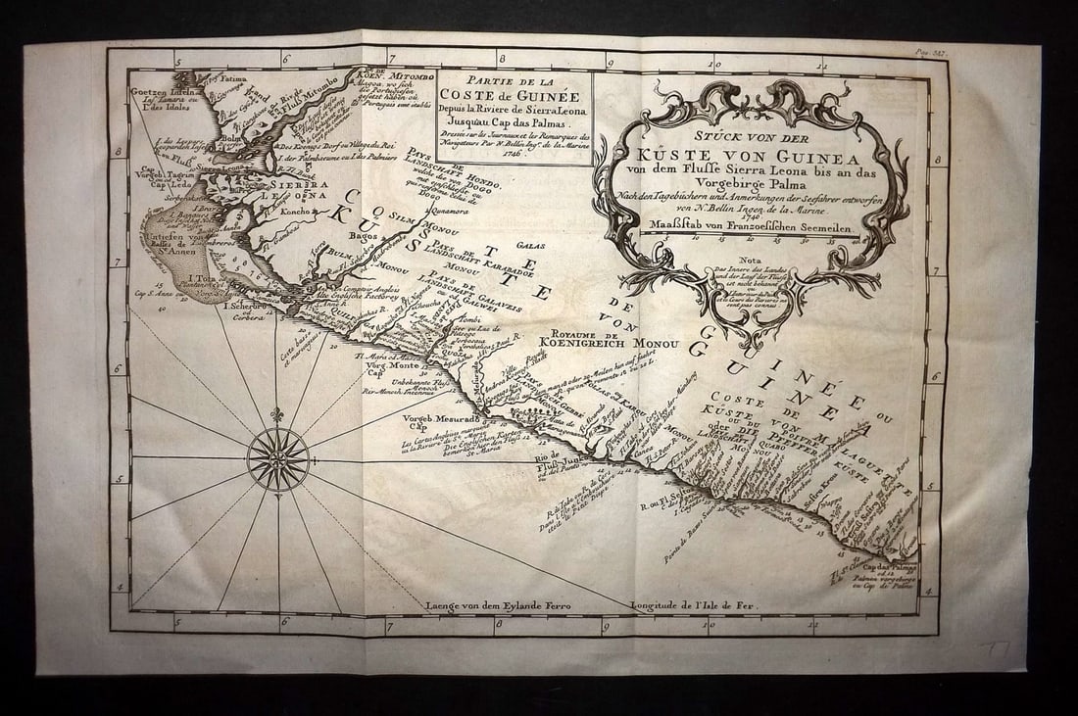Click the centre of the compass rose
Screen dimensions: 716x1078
tap(278, 457)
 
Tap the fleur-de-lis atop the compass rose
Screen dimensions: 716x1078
tap(278, 415)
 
